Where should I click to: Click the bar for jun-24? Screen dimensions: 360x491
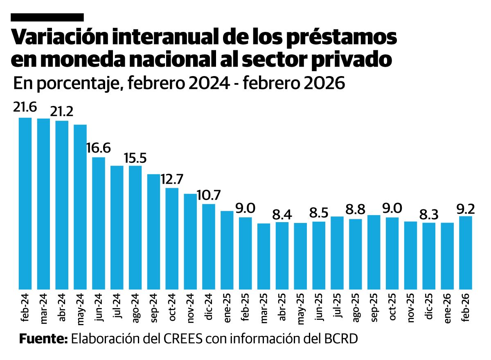point(99,223)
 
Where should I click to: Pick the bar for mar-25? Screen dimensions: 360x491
point(264,256)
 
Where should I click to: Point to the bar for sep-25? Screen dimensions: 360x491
point(374,252)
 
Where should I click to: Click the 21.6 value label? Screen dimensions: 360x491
point(25,107)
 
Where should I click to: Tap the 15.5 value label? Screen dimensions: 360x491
point(135,157)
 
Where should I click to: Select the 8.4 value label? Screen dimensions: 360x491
point(282,214)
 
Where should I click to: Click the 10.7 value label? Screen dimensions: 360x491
point(209,195)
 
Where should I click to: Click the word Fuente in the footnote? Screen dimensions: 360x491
point(43,339)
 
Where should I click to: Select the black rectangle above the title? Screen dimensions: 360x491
point(47,17)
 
